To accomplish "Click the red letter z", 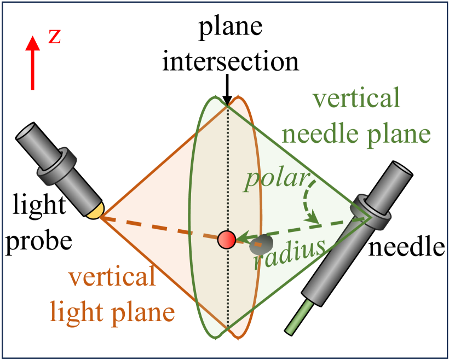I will [x=55, y=37].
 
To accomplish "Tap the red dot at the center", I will [x=227, y=240].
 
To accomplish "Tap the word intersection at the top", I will [x=230, y=61].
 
